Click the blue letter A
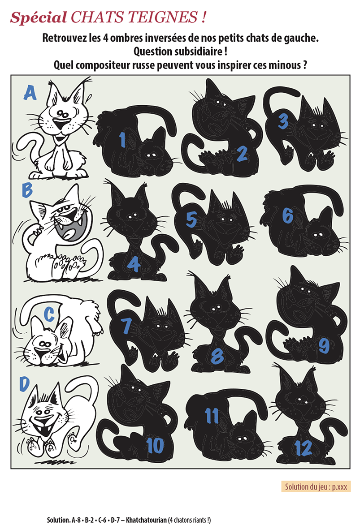tap(30, 93)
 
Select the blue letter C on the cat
tap(49, 315)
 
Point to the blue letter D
tap(24, 384)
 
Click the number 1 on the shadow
tap(122, 140)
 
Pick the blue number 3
tap(282, 121)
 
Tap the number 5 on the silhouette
tap(191, 219)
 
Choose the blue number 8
tap(217, 356)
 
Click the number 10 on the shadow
tap(155, 445)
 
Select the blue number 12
tap(303, 448)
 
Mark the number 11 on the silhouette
tap(212, 416)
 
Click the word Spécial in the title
tap(38, 17)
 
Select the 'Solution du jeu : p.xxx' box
tap(316, 486)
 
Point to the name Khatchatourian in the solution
tap(146, 520)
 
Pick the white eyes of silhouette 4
tap(132, 215)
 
